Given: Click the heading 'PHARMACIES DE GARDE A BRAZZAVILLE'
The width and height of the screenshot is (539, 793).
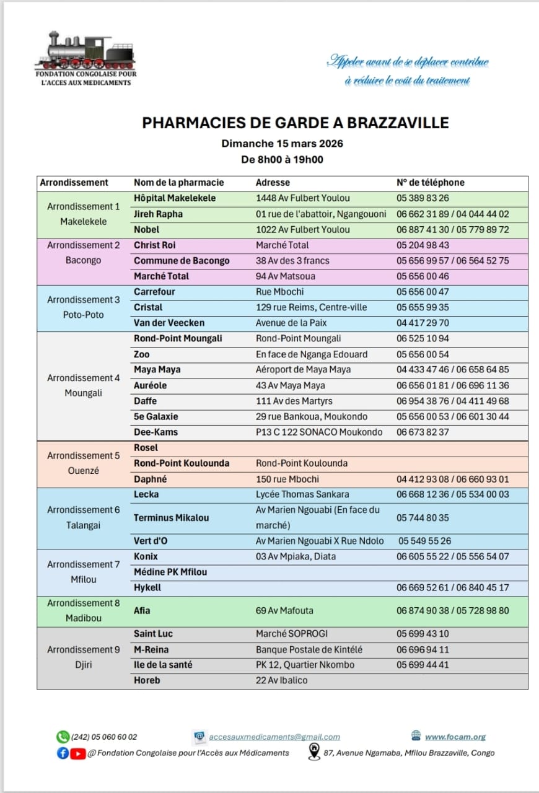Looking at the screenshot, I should tap(296, 123).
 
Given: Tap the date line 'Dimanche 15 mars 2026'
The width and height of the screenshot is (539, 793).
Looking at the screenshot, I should tap(283, 144).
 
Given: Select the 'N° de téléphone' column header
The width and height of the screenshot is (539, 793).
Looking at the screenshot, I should tap(430, 183).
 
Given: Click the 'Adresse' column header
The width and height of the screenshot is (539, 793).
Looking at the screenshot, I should tap(273, 183).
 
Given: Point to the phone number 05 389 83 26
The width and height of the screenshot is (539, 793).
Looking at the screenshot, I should tap(423, 198).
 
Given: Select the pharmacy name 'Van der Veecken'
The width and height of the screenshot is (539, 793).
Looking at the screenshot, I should tap(169, 323).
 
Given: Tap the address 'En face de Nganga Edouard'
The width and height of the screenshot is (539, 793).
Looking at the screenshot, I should tap(312, 354).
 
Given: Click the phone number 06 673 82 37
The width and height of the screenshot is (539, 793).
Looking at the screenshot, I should tap(423, 432).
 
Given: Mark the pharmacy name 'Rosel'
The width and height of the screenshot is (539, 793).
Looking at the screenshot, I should tap(146, 447).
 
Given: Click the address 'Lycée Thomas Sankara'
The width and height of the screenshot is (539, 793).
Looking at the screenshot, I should tap(302, 494).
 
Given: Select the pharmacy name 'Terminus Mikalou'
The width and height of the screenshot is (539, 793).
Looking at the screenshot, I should tap(171, 518).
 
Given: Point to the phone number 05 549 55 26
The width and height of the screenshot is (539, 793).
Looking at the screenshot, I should tap(425, 541).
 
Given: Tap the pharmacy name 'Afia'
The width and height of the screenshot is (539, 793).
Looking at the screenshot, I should tap(142, 610).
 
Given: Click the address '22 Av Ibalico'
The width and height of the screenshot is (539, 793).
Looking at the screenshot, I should tap(282, 680).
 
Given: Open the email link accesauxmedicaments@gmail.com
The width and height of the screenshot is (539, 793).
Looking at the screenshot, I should tap(274, 737).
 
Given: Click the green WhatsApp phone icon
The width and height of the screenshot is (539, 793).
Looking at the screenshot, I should tap(63, 737).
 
